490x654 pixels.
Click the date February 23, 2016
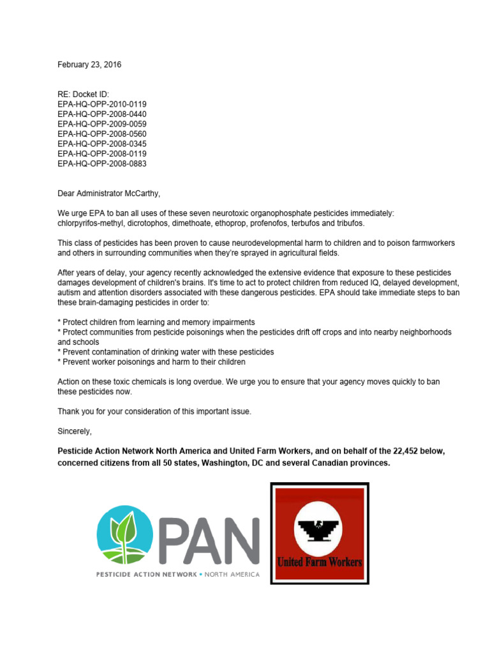[x=89, y=65]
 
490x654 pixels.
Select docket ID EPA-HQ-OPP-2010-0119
[x=102, y=104]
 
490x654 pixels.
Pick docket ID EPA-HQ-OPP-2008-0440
[x=102, y=114]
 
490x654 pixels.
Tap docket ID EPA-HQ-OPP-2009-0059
[x=102, y=124]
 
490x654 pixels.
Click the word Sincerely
[x=75, y=431]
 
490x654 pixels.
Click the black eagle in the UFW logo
[x=319, y=529]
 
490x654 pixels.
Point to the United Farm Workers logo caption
[x=319, y=563]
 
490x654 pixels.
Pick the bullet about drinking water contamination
[x=166, y=352]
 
